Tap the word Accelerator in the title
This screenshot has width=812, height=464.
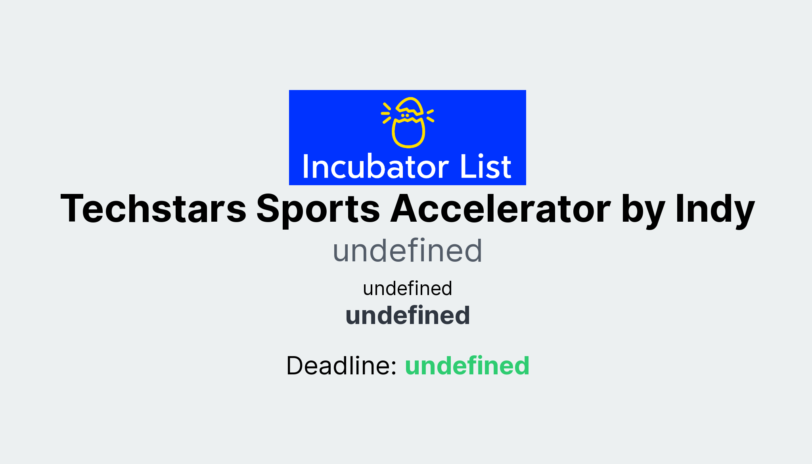coord(500,209)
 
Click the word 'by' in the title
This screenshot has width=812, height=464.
coord(643,210)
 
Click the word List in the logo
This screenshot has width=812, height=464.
coord(486,167)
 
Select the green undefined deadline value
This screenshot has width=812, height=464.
coord(467,366)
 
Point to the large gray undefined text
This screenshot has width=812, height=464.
coord(407,251)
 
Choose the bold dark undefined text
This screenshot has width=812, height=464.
coord(408,316)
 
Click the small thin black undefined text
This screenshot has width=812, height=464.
coord(408,289)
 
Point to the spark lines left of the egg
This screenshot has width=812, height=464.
coord(386,113)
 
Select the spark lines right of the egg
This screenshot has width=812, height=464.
coord(430,115)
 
